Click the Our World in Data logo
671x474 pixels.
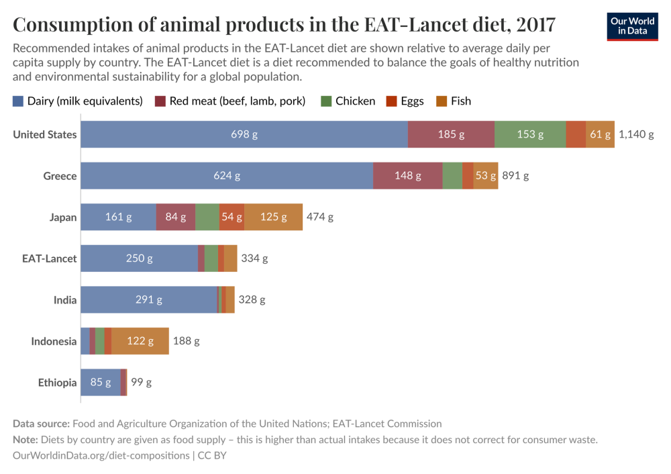click(632, 26)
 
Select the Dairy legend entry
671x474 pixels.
click(78, 101)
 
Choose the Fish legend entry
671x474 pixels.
click(454, 101)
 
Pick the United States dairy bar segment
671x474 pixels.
click(244, 134)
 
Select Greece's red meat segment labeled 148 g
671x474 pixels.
click(408, 176)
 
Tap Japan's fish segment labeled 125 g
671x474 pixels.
click(273, 217)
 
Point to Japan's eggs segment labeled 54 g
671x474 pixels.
click(231, 217)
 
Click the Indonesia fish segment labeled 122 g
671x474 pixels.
click(140, 341)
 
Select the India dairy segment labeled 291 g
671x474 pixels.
click(149, 299)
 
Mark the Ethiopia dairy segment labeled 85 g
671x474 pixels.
click(101, 382)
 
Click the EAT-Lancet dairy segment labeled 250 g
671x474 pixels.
click(139, 258)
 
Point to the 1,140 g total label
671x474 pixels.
click(635, 134)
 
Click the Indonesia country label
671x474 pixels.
click(54, 341)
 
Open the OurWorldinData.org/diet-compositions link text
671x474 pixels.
click(101, 455)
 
